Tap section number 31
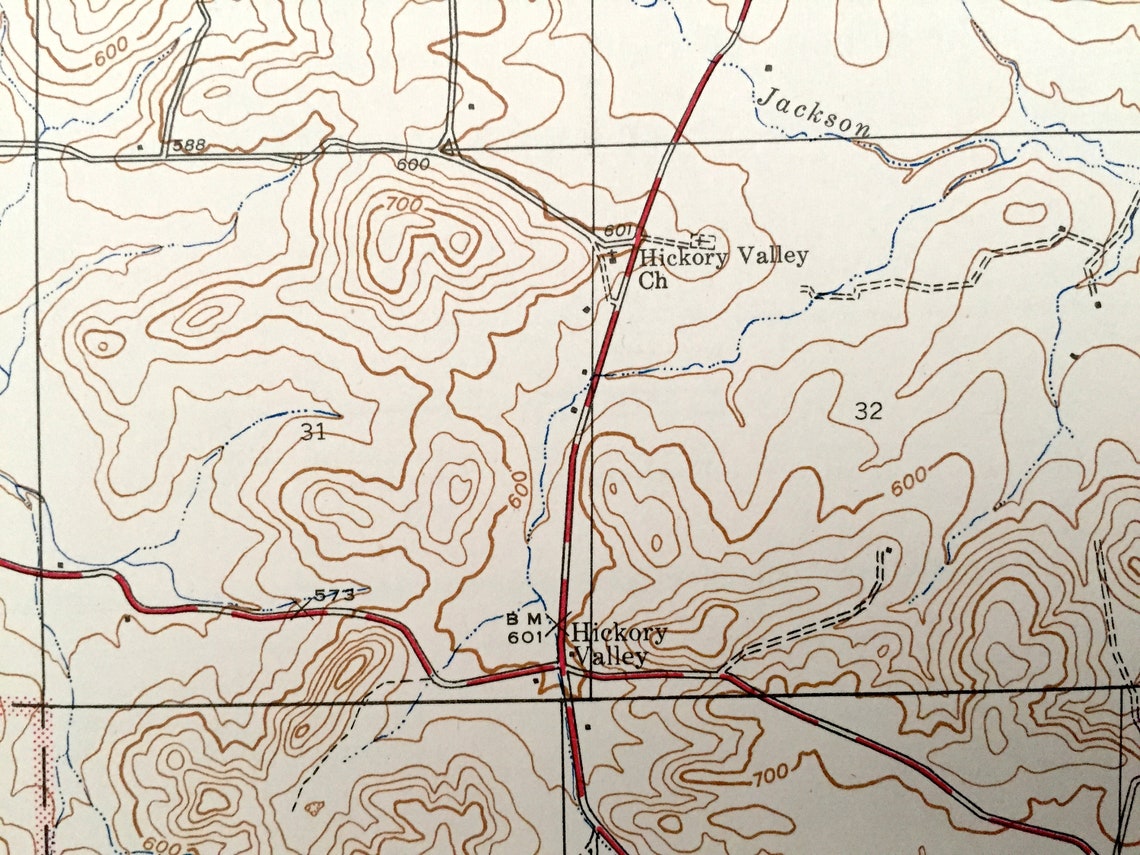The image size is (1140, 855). [x=312, y=431]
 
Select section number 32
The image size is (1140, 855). [x=868, y=410]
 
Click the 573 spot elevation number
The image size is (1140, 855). [x=335, y=595]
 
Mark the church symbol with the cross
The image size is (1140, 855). [x=702, y=240]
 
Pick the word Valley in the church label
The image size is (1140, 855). [x=770, y=256]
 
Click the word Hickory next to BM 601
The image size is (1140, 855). [x=620, y=634]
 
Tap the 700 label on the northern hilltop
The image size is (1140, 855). [x=403, y=205]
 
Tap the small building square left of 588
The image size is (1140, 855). [x=139, y=148]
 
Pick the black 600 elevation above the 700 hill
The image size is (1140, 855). [x=413, y=164]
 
